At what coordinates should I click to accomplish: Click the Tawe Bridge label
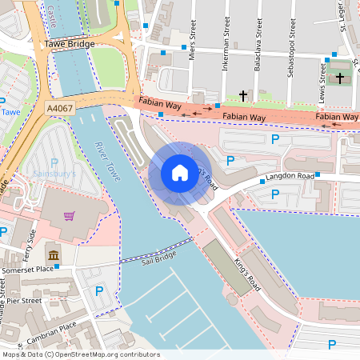coord(70,46)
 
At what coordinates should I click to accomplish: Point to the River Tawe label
coord(106,161)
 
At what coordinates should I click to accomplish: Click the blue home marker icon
coord(180,173)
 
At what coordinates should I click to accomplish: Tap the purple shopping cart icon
coord(70,216)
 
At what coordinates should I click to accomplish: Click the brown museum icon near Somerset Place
coord(53,255)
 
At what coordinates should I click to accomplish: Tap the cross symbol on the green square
coord(340,78)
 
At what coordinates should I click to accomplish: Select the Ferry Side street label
coord(33,237)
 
